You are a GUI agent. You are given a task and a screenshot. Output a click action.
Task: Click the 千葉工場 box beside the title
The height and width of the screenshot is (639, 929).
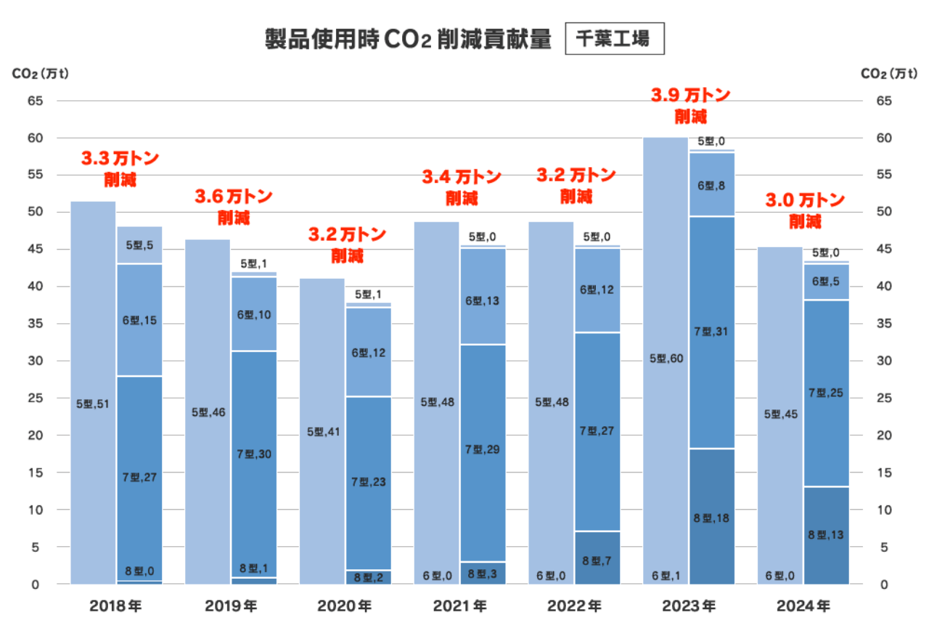(x=614, y=39)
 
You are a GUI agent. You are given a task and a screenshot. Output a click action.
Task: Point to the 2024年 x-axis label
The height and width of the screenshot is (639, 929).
(x=803, y=606)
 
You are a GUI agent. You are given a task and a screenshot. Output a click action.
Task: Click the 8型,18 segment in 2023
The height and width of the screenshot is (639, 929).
(x=711, y=517)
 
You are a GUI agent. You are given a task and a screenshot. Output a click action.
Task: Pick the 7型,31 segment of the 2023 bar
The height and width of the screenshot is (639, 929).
(x=711, y=333)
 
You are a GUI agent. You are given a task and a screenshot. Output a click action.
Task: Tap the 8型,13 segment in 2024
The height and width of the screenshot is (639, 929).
(x=826, y=535)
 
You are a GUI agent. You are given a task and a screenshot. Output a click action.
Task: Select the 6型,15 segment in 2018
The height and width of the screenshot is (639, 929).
(x=139, y=320)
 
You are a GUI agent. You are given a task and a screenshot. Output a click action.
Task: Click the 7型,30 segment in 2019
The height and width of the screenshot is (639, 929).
(x=253, y=454)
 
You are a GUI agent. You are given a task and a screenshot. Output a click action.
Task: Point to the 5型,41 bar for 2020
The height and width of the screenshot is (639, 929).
(x=322, y=431)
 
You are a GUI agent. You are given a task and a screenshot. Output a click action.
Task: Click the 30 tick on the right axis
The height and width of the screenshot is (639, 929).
(x=883, y=361)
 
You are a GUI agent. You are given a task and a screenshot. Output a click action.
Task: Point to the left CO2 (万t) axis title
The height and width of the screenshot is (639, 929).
(x=40, y=73)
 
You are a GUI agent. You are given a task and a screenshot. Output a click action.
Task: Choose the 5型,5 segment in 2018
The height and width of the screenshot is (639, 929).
(x=139, y=245)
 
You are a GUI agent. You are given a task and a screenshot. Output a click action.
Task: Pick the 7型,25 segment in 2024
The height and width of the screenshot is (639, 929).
(x=826, y=393)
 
